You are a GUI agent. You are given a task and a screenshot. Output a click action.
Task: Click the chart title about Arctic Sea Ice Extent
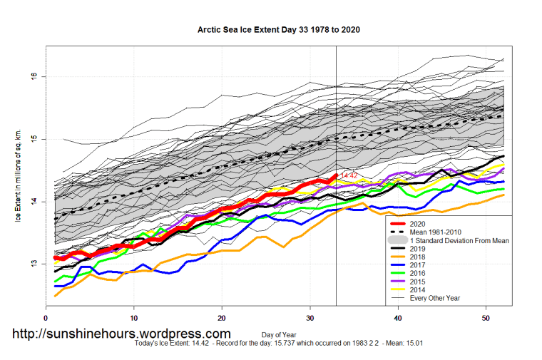[278, 30]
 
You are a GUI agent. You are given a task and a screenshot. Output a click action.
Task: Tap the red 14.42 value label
[349, 175]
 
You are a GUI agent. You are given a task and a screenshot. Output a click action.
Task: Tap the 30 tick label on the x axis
[310, 317]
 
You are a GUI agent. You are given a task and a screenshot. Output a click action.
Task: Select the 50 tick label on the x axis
[486, 317]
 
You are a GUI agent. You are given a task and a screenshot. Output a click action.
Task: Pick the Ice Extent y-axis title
[19, 175]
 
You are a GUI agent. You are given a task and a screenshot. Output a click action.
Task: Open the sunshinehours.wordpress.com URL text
[122, 334]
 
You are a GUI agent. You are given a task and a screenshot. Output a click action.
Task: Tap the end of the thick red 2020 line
[336, 175]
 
